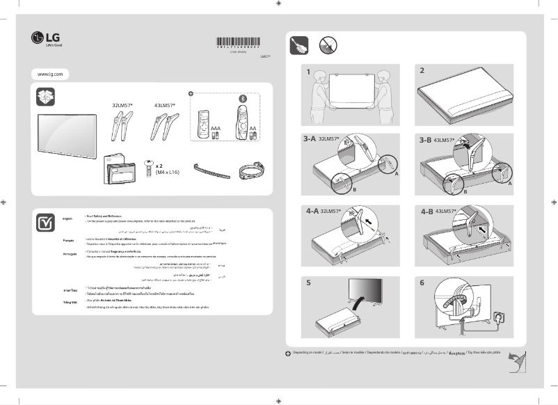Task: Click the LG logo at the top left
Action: [47, 39]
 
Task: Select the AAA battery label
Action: [215, 129]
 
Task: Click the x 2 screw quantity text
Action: [160, 166]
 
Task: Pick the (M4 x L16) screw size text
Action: [168, 172]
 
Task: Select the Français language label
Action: [68, 240]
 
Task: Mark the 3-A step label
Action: [310, 140]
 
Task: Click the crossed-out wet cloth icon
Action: [328, 47]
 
